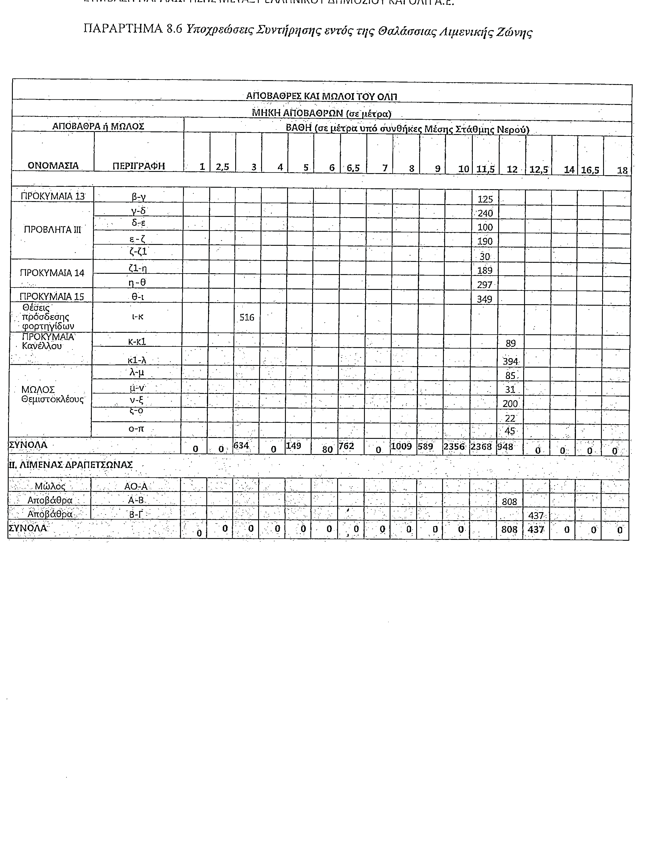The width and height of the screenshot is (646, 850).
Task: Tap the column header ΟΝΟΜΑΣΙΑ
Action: point(53,166)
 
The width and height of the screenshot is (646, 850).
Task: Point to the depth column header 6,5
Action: point(353,168)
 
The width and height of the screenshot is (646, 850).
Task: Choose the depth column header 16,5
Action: point(590,170)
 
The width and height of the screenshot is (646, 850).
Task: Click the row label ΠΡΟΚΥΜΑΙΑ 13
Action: point(52,196)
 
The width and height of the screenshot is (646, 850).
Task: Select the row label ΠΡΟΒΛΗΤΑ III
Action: point(53,229)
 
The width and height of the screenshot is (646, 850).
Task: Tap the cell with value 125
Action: point(485,199)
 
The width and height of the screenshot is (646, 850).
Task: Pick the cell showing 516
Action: point(247,317)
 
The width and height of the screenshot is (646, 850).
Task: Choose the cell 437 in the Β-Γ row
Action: point(536,515)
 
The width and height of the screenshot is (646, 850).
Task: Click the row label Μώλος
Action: point(50,486)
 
